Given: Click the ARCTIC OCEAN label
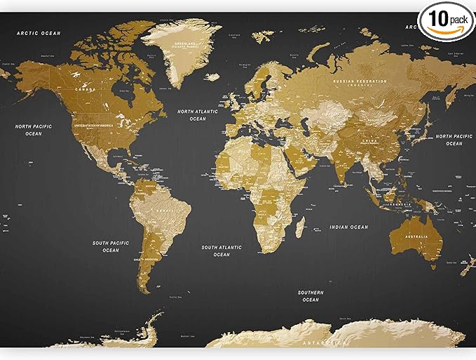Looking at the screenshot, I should [39, 33].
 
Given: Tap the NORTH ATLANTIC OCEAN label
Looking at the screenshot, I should [198, 115].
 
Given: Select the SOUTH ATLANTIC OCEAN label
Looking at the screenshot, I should [222, 251].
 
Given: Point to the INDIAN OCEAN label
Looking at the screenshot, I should [349, 227].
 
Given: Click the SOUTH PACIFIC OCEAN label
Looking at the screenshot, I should [111, 246].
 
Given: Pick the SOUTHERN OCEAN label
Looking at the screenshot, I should [311, 296].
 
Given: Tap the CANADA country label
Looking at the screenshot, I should [86, 89].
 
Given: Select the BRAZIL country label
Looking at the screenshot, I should [165, 211].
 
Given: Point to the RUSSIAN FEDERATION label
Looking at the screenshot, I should [360, 84].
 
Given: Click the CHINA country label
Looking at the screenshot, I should [369, 141].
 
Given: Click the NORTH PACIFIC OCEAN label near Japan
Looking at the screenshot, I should [454, 140].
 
